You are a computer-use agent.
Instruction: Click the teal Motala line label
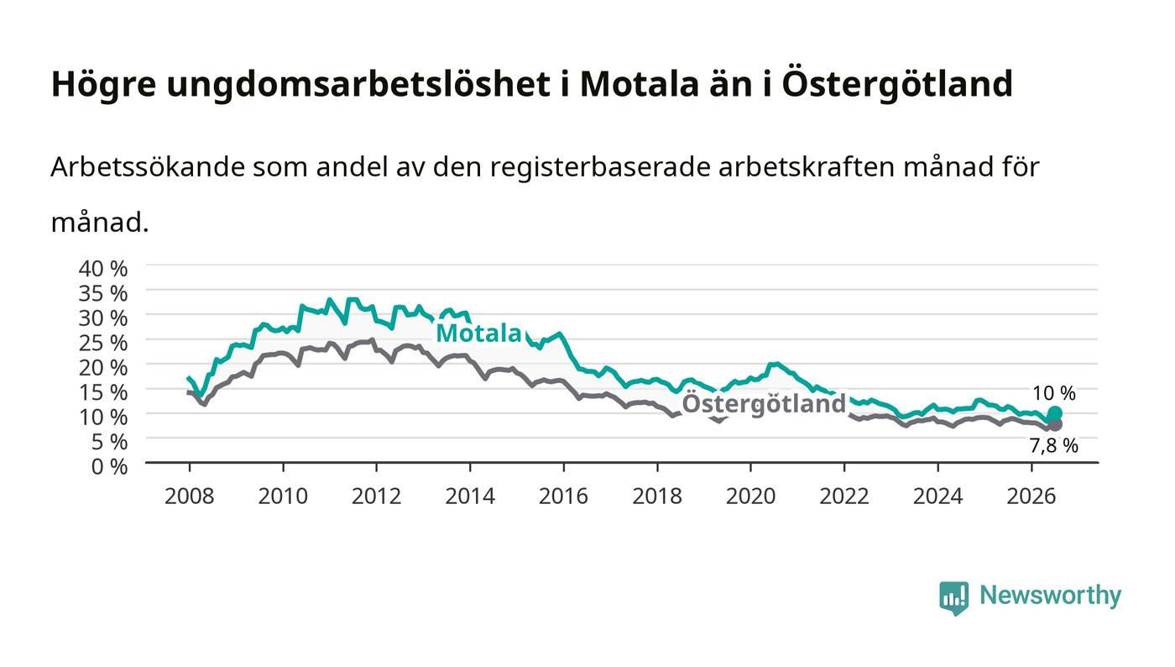click(x=478, y=333)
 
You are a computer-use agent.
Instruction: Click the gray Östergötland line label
click(x=764, y=404)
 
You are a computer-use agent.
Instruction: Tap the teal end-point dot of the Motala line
click(x=1055, y=413)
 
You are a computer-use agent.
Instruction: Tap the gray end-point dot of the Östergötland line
click(x=1055, y=424)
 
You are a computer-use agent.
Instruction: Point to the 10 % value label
click(x=1054, y=393)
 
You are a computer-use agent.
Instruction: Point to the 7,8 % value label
click(x=1054, y=446)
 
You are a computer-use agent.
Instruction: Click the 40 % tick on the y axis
click(x=103, y=269)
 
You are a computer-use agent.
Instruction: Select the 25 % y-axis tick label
click(x=103, y=343)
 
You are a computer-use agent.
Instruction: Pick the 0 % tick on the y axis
click(x=110, y=466)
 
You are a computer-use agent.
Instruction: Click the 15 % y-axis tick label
click(x=103, y=392)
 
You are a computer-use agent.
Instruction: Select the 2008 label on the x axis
click(x=190, y=496)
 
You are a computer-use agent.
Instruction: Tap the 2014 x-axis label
click(x=470, y=496)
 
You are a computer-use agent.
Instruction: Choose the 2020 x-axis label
click(x=750, y=496)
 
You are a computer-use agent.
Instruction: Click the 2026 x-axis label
click(x=1031, y=496)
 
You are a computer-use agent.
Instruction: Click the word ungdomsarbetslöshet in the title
click(x=359, y=85)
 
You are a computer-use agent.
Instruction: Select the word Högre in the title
click(x=104, y=85)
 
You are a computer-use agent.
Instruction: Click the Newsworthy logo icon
click(x=954, y=597)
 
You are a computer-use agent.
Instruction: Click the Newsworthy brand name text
click(x=1051, y=596)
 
